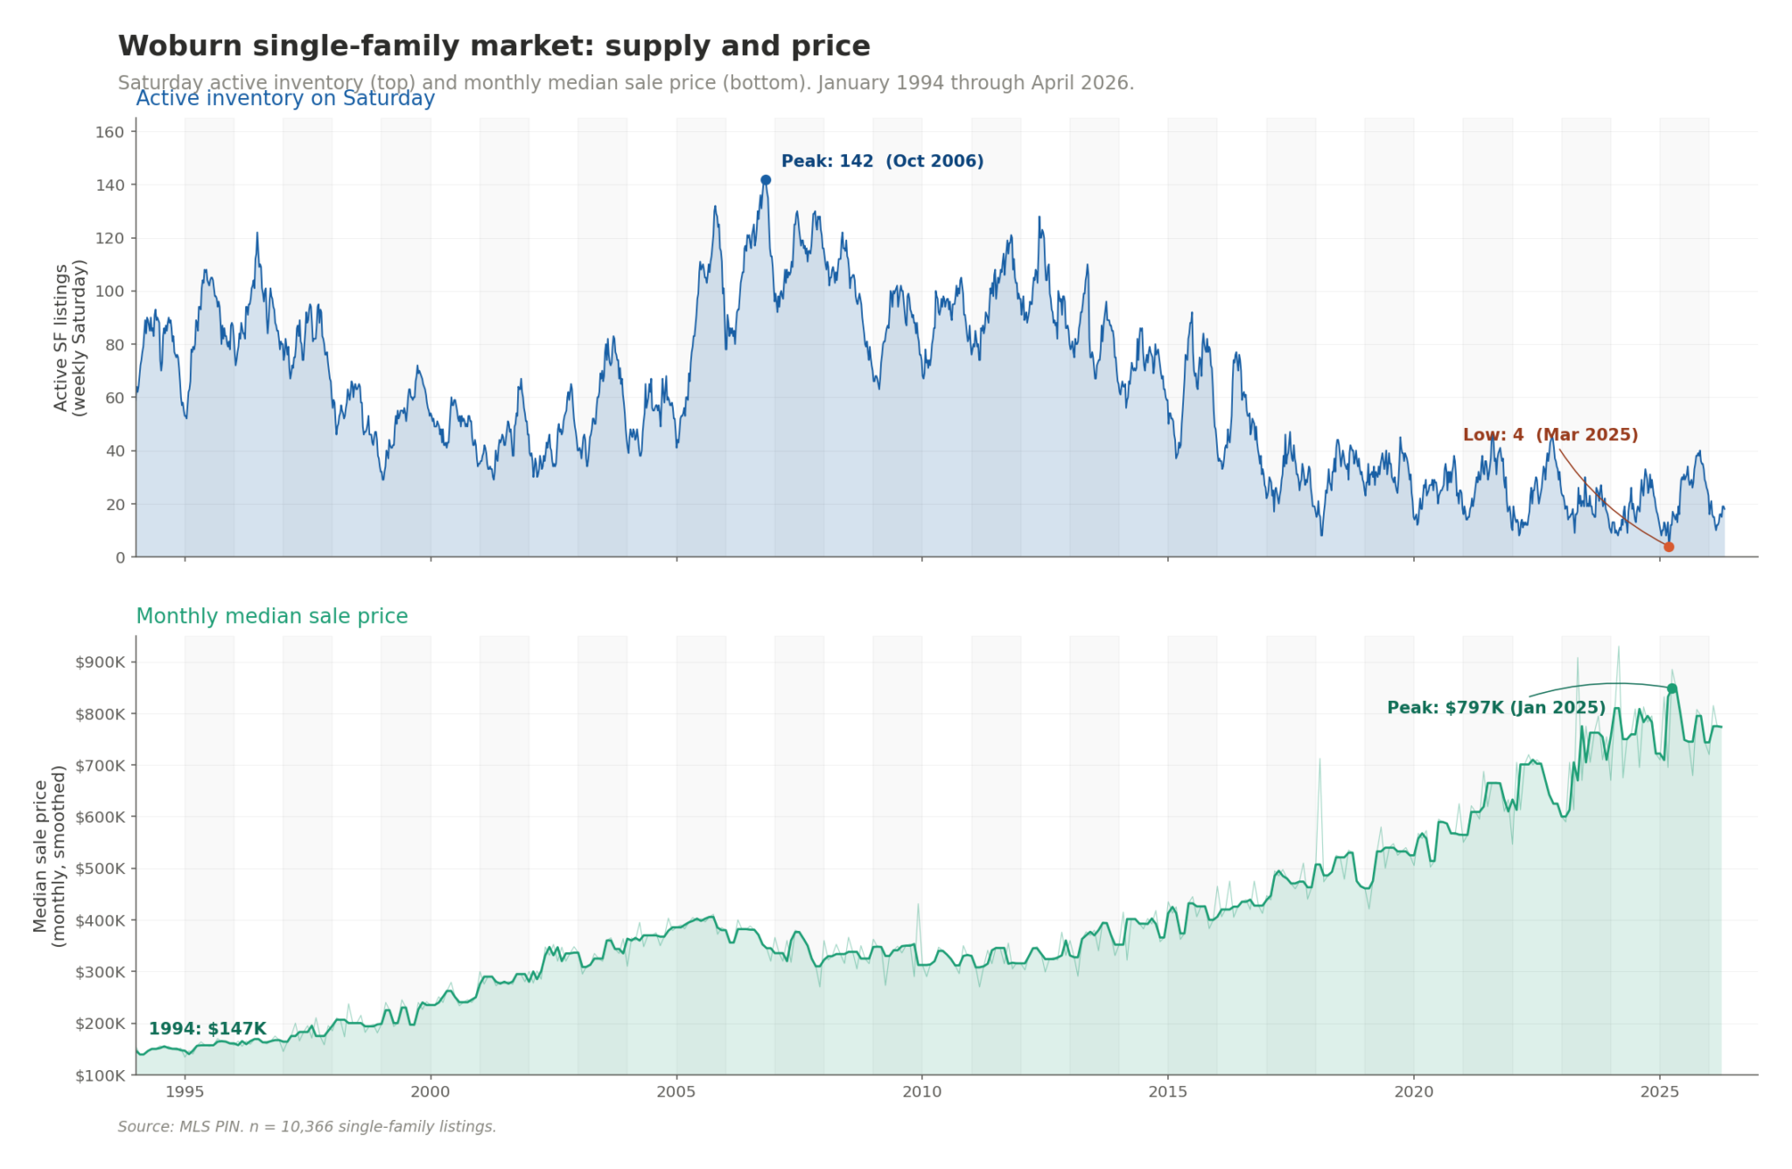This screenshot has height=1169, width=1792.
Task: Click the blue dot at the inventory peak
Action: [766, 180]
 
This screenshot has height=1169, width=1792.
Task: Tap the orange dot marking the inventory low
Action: [1669, 547]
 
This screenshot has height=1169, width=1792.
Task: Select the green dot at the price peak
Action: [1672, 689]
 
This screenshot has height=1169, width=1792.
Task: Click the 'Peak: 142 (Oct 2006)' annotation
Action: [882, 161]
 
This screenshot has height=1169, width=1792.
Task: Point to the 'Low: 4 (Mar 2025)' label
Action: [1550, 435]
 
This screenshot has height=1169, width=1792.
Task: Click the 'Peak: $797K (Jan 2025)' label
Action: [1495, 708]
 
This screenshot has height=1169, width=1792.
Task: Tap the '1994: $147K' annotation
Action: [207, 1029]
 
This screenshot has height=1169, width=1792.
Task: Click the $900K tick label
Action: [101, 662]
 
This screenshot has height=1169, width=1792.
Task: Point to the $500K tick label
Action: [101, 869]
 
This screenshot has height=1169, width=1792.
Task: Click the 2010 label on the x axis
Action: [921, 1091]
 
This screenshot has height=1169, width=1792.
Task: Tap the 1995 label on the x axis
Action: [185, 1091]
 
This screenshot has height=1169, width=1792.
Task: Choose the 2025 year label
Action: [1659, 1091]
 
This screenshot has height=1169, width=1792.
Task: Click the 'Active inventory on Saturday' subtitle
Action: [285, 98]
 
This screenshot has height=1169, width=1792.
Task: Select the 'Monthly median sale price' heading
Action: [271, 616]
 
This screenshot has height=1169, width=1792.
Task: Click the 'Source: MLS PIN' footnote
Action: [306, 1126]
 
